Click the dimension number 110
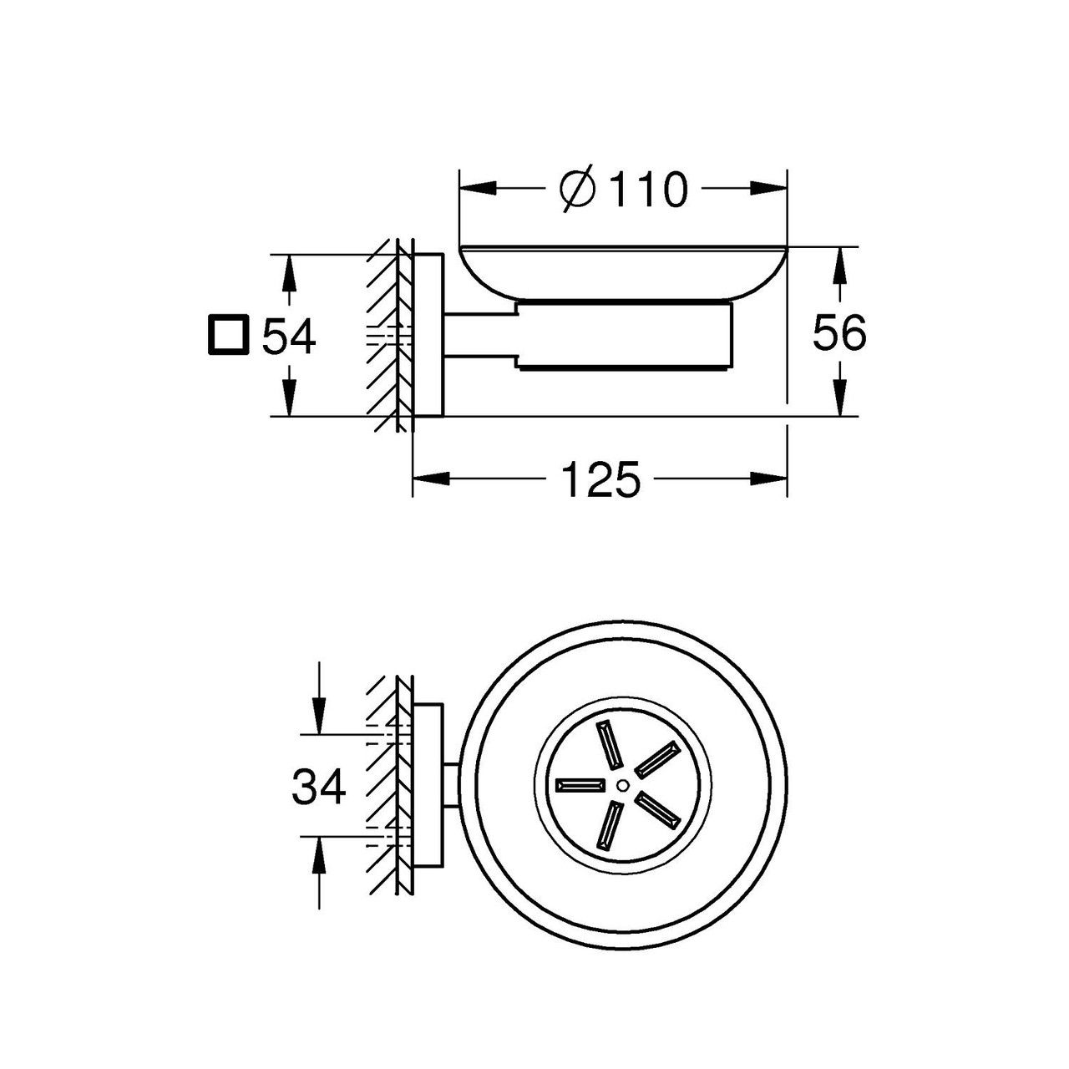646,190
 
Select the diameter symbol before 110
578,190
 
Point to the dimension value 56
838,332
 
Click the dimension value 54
288,337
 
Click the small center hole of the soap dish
622,784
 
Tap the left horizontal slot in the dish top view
580,785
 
